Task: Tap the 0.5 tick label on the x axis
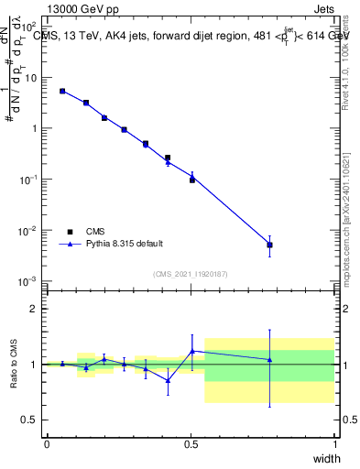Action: pos(191,444)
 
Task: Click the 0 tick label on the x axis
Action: pos(47,444)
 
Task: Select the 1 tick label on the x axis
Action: pos(334,444)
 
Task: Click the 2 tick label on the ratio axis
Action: pos(34,309)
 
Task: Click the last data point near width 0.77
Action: pos(269,245)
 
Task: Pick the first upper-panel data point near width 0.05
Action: pos(62,91)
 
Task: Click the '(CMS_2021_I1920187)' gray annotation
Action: pos(191,273)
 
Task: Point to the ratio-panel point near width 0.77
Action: pos(269,360)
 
